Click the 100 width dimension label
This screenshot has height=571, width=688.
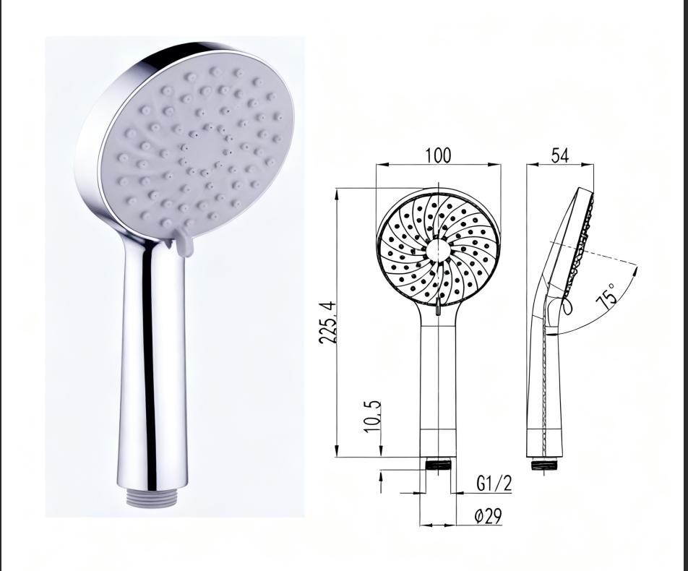pyautogui.click(x=438, y=155)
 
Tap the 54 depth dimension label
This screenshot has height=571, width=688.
pyautogui.click(x=560, y=155)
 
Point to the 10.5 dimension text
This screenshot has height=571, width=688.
pyautogui.click(x=372, y=417)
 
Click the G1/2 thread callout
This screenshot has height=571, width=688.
pyautogui.click(x=494, y=483)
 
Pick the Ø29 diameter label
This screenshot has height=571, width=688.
pyautogui.click(x=488, y=516)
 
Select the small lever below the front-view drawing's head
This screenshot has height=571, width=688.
pyautogui.click(x=438, y=309)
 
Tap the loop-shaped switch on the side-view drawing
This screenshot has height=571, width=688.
pyautogui.click(x=566, y=306)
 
